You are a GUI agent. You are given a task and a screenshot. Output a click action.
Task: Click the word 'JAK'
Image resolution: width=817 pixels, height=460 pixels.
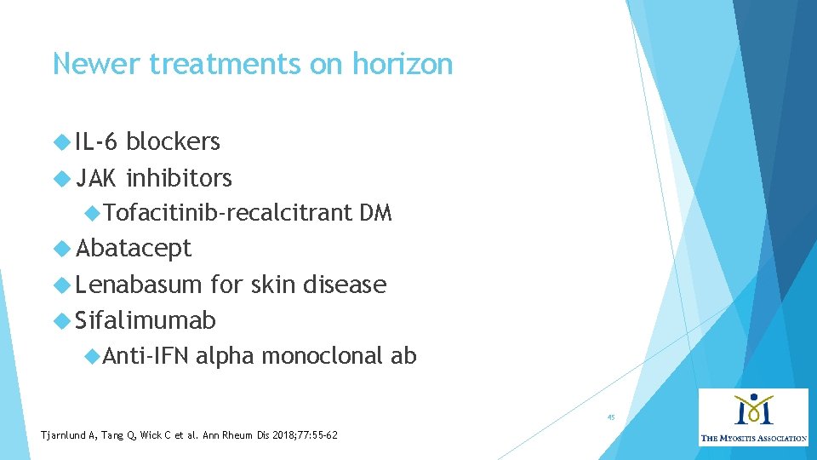[96, 178]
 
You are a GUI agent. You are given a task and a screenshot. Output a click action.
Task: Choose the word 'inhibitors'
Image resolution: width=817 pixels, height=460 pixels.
[179, 178]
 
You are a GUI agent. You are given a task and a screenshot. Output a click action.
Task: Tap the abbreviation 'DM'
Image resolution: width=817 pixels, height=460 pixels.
[375, 213]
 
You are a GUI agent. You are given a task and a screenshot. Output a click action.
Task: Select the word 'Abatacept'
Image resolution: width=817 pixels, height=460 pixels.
[134, 249]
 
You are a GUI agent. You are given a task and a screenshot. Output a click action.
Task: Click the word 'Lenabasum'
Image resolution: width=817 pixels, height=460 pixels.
[139, 285]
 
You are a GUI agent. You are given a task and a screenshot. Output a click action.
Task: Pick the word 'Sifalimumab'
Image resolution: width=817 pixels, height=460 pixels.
[146, 320]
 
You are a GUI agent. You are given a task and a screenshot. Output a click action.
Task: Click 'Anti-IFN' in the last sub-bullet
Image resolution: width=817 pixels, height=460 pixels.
[146, 356]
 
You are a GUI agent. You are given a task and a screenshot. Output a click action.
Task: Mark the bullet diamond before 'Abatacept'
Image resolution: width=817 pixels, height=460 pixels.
[61, 249]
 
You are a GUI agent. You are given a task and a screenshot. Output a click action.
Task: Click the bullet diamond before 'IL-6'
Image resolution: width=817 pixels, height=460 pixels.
[61, 141]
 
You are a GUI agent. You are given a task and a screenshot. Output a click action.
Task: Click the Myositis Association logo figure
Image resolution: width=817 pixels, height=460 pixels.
[753, 409]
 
